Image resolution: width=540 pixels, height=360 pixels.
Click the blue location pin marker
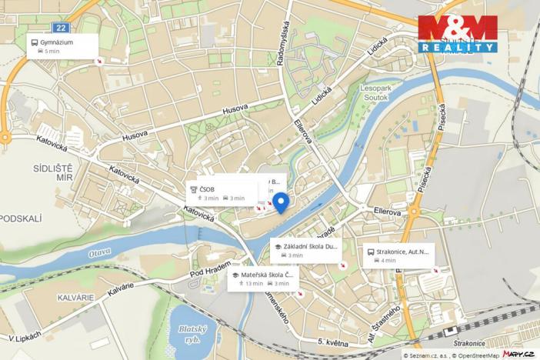(281, 201)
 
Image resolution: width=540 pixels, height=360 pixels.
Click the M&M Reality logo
(458, 34)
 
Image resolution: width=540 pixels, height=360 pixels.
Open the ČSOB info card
(221, 193)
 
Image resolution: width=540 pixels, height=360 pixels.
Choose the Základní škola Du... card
(306, 251)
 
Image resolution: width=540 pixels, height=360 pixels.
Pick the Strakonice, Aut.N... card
(398, 255)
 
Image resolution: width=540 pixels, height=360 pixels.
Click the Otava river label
(99, 252)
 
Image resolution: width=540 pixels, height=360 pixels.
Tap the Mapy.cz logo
(518, 353)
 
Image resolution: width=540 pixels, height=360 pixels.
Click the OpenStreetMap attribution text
(472, 355)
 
